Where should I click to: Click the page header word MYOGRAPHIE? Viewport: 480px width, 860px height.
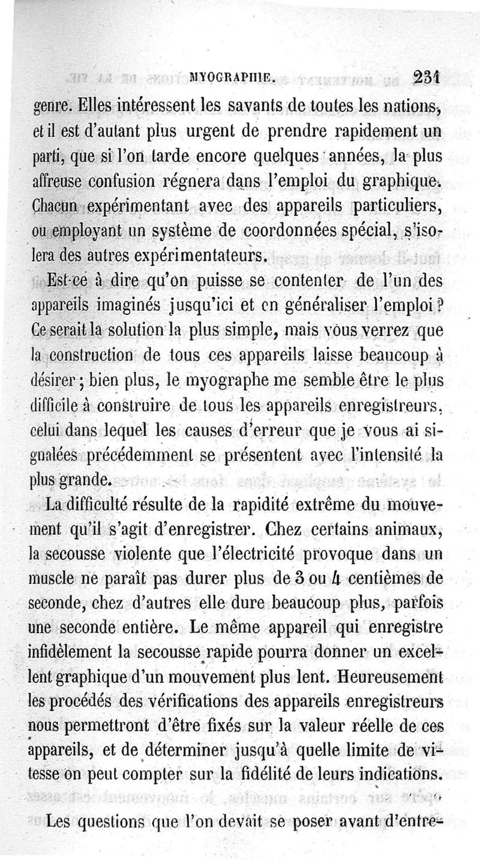coord(231,76)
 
